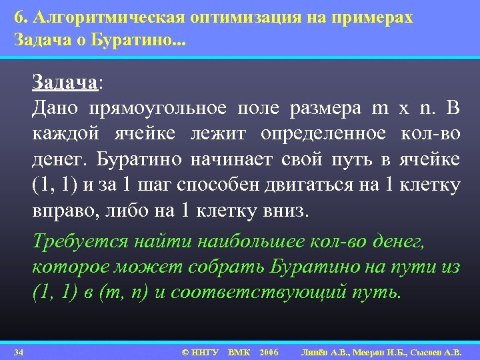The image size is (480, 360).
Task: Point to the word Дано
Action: (55, 108)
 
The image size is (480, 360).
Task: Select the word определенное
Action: (323, 134)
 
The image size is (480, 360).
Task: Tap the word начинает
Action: (235, 160)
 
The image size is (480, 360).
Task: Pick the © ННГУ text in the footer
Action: (199, 351)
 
